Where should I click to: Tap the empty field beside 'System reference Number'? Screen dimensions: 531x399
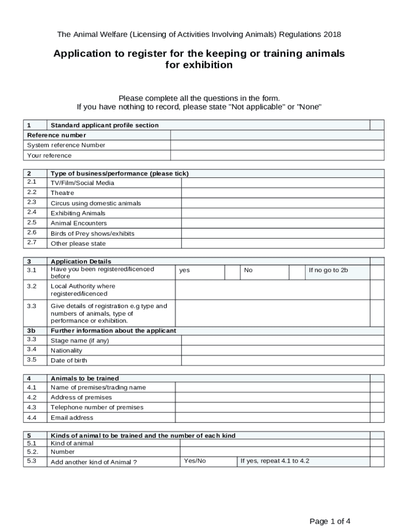pyautogui.click(x=277, y=145)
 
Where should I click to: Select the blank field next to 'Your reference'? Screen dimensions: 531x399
pyautogui.click(x=277, y=156)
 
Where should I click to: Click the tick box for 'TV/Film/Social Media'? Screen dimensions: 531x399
pyautogui.click(x=282, y=183)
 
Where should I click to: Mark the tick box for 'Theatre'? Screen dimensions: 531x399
pyautogui.click(x=282, y=193)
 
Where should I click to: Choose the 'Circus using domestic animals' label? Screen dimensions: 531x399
pyautogui.click(x=95, y=203)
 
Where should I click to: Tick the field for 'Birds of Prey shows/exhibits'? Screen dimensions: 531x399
pyautogui.click(x=282, y=233)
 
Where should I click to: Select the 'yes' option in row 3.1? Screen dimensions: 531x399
pyautogui.click(x=184, y=270)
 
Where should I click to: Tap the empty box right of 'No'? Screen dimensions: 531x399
pyautogui.click(x=297, y=273)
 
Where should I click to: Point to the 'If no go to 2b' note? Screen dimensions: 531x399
pyautogui.click(x=328, y=270)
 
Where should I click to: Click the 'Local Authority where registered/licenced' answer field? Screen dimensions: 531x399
pyautogui.click(x=273, y=290)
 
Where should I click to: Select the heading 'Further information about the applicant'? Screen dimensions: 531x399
pyautogui.click(x=113, y=330)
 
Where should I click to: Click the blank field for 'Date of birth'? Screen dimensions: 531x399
pyautogui.click(x=282, y=360)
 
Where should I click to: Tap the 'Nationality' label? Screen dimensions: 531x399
pyautogui.click(x=66, y=351)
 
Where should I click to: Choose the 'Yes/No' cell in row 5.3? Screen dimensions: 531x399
pyautogui.click(x=195, y=460)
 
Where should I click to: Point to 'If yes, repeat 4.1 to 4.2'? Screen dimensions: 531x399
pyautogui.click(x=275, y=460)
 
